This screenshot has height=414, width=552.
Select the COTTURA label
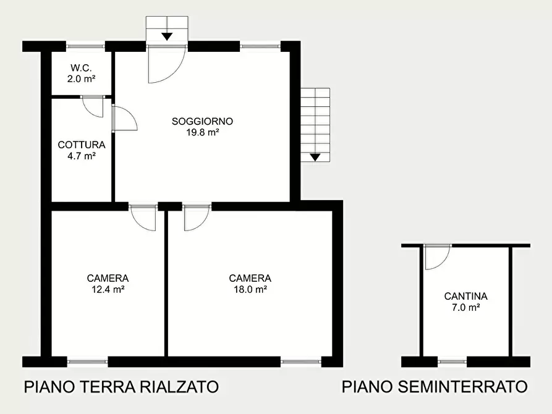[82, 145]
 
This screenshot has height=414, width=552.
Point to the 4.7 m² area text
[82, 156]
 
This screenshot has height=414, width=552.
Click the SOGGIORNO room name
[203, 121]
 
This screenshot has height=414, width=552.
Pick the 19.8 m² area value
[203, 132]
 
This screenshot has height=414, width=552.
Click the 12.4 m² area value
[108, 289]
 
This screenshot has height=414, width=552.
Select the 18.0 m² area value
[250, 289]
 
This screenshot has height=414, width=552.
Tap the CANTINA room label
[466, 296]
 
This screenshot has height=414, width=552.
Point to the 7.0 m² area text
[466, 307]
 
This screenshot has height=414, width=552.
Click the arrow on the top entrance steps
[167, 36]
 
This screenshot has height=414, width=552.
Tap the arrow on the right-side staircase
[315, 157]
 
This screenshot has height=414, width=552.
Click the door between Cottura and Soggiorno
[123, 118]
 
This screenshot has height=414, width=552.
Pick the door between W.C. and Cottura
[93, 106]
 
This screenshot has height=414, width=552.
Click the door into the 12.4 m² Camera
[143, 217]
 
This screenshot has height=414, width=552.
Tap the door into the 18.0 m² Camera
[196, 217]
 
